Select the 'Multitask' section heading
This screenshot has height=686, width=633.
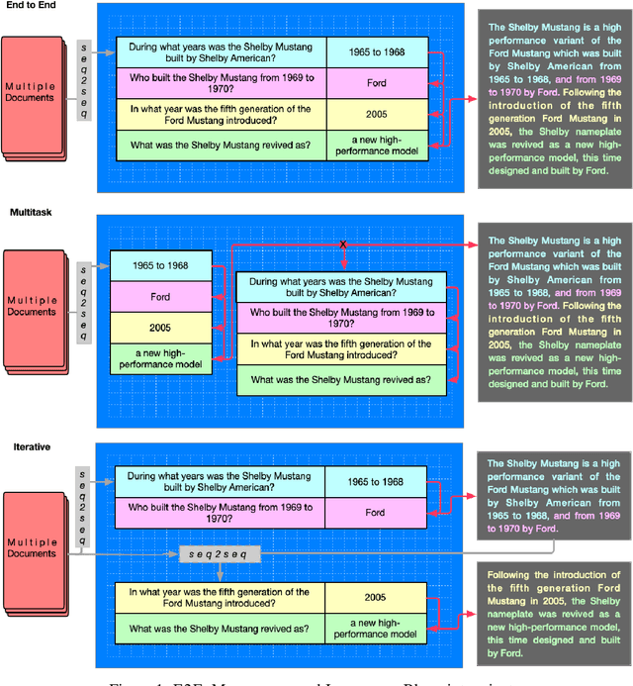[x=31, y=213]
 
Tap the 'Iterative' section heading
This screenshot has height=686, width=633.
[x=30, y=446]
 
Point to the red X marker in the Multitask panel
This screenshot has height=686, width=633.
[x=343, y=244]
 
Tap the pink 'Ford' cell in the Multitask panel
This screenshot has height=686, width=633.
[x=160, y=296]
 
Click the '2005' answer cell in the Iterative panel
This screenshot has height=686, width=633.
[x=376, y=598]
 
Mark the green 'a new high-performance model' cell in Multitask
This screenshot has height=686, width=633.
[x=160, y=358]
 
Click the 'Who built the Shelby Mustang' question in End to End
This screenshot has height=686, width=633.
[x=221, y=83]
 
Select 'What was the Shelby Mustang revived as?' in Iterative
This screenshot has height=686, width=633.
[x=221, y=629]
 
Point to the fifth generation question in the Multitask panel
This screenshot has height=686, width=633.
[x=340, y=349]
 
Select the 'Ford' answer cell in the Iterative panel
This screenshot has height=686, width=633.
[x=376, y=513]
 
